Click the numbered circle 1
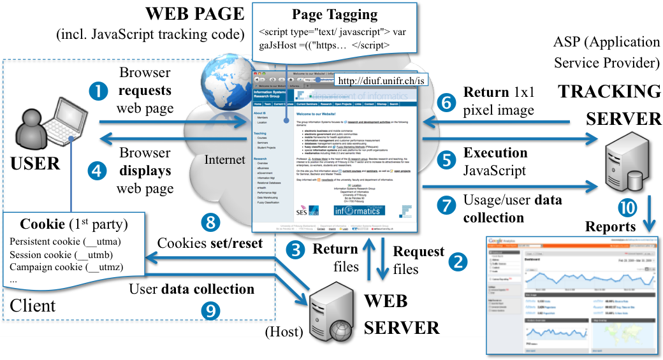click(x=99, y=92)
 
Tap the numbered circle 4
click(x=99, y=171)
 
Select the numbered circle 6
click(x=447, y=101)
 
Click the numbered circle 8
click(x=209, y=222)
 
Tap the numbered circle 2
click(x=456, y=261)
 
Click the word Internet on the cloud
click(x=225, y=159)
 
